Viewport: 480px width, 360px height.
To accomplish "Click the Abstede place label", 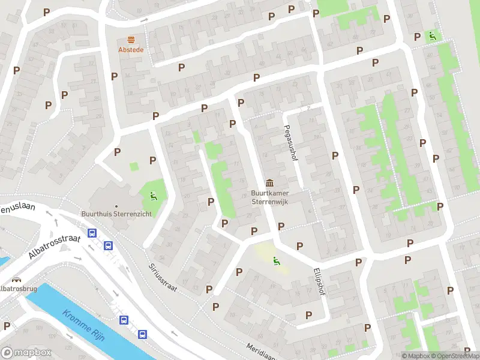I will click(131, 50).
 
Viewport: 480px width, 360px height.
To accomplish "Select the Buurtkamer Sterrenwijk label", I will click(269, 197).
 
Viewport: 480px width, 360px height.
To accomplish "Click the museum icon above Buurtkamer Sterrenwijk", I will click(269, 182).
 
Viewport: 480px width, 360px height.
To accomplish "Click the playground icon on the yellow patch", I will click(276, 261).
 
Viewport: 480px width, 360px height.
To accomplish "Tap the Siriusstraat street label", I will click(163, 277).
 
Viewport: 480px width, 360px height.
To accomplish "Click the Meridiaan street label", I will click(262, 351).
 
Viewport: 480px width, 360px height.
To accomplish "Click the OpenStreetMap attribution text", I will click(450, 356).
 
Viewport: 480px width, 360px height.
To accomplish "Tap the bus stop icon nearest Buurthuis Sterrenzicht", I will click(92, 233).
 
